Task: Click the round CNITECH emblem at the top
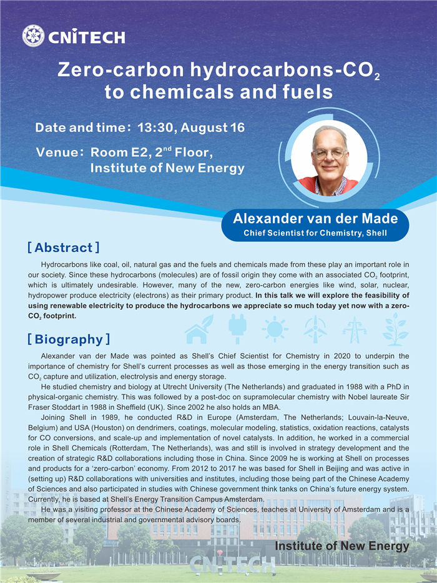point(33,36)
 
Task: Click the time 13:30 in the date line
point(155,128)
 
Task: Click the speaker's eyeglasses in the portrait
point(329,152)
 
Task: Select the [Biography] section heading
point(69,339)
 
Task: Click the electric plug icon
point(237,329)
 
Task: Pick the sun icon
point(275,329)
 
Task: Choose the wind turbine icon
point(315,329)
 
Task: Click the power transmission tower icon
point(355,329)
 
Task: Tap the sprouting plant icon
point(395,329)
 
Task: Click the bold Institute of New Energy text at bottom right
point(342,546)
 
